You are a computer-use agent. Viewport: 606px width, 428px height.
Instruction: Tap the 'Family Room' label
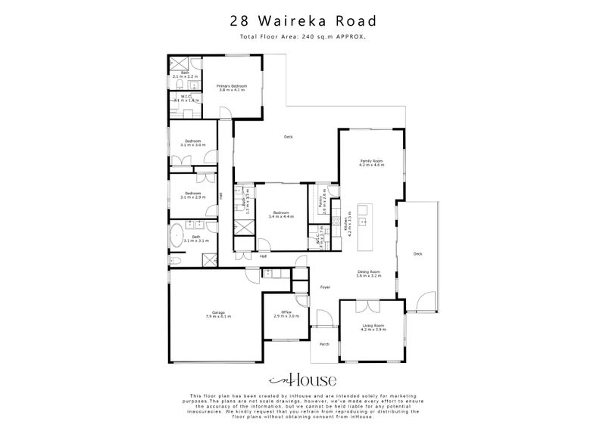coord(371,160)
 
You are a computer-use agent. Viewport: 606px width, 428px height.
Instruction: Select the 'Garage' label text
coord(218,312)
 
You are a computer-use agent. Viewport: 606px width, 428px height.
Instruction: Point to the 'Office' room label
coord(287,312)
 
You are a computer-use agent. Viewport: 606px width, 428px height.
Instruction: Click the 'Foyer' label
coord(326,287)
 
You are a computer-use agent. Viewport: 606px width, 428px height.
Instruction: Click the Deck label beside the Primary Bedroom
coord(288,137)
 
